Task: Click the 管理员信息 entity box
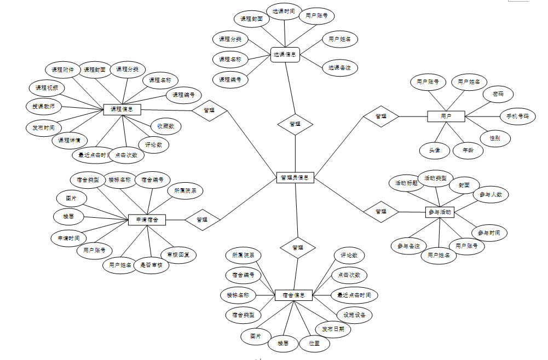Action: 295,177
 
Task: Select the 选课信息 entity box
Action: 285,54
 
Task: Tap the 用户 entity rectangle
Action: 446,116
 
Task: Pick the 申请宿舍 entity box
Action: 147,219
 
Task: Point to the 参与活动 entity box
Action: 440,212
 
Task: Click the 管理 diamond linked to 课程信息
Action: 209,110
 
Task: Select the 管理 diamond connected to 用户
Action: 380,116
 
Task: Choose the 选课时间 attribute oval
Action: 284,11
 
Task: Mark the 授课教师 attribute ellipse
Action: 44,106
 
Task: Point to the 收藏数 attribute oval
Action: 165,126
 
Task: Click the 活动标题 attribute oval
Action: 406,183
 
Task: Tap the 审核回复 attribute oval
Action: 178,254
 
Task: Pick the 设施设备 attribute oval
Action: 354,315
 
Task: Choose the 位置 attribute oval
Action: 314,344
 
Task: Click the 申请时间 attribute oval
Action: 68,238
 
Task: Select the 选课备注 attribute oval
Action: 339,68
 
